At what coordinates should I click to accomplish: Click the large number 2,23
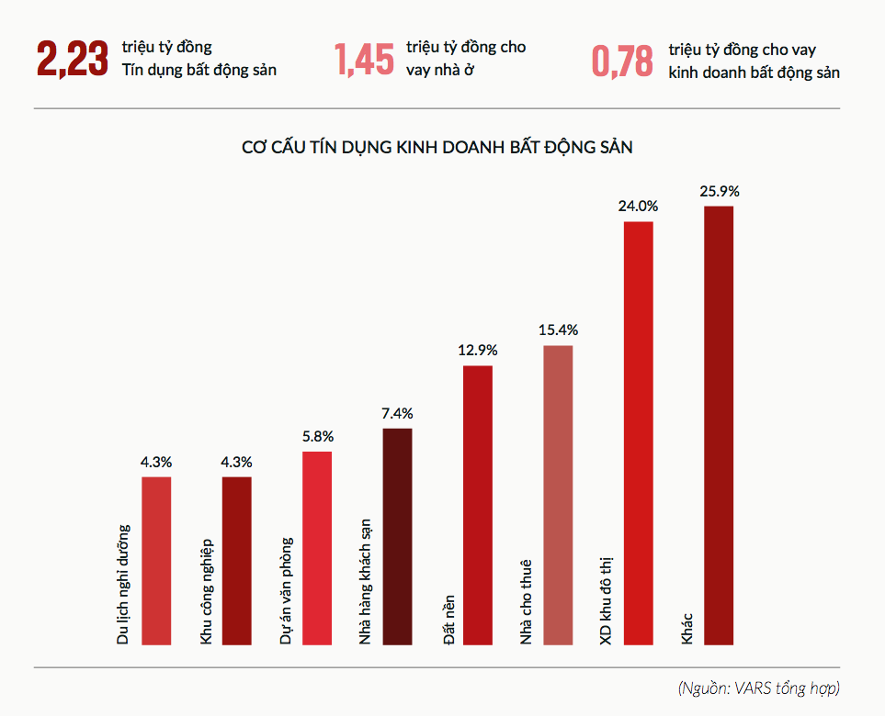pos(72,59)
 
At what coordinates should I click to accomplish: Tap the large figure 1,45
pos(365,59)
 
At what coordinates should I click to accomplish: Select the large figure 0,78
pos(622,61)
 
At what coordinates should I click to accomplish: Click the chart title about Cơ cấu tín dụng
pos(437,147)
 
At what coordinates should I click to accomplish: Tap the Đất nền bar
pos(477,504)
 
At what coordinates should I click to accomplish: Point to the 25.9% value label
pos(719,192)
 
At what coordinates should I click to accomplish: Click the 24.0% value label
pos(639,207)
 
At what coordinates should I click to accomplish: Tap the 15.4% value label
pos(558,330)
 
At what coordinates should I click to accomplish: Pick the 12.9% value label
pos(477,351)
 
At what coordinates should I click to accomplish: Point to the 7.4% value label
pos(397,413)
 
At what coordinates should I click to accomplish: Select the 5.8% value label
pos(317,436)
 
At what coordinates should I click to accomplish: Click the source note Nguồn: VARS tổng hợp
pos(759,688)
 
